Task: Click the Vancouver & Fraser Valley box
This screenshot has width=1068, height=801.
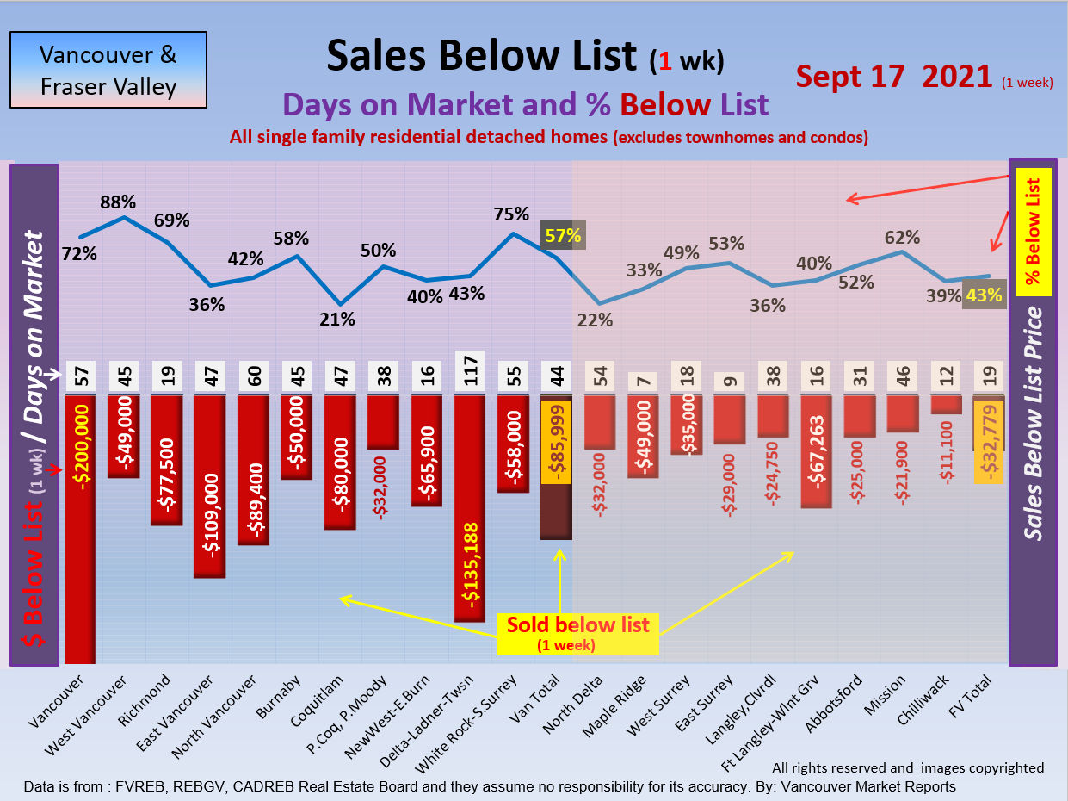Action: click(x=108, y=70)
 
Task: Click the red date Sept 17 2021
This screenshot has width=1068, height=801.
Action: click(x=894, y=76)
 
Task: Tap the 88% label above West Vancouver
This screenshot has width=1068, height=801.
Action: click(x=118, y=202)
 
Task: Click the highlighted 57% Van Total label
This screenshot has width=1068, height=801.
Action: click(x=562, y=234)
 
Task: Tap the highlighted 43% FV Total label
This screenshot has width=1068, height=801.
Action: click(x=985, y=295)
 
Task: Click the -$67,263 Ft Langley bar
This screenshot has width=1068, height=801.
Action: click(x=822, y=452)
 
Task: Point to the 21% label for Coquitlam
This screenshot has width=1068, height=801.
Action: click(x=337, y=319)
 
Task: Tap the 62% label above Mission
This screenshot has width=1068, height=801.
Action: click(x=902, y=237)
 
